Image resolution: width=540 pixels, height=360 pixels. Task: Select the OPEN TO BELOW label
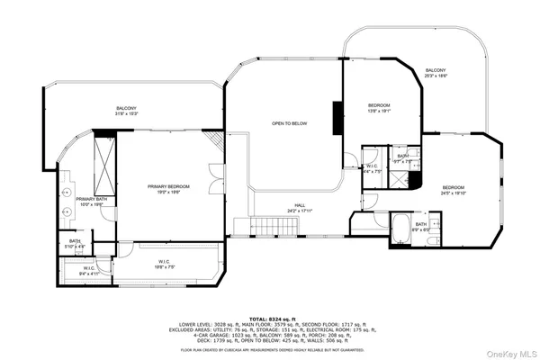291,122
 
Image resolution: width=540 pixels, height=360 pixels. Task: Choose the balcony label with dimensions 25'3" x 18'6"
436,73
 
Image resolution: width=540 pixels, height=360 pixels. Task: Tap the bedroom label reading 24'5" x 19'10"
459,189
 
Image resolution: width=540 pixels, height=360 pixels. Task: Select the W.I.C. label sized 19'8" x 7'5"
163,264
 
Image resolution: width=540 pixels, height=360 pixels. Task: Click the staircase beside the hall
270,226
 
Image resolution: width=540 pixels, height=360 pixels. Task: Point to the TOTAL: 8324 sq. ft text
269,319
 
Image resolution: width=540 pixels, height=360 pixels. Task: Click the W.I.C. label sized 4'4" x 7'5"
373,168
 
